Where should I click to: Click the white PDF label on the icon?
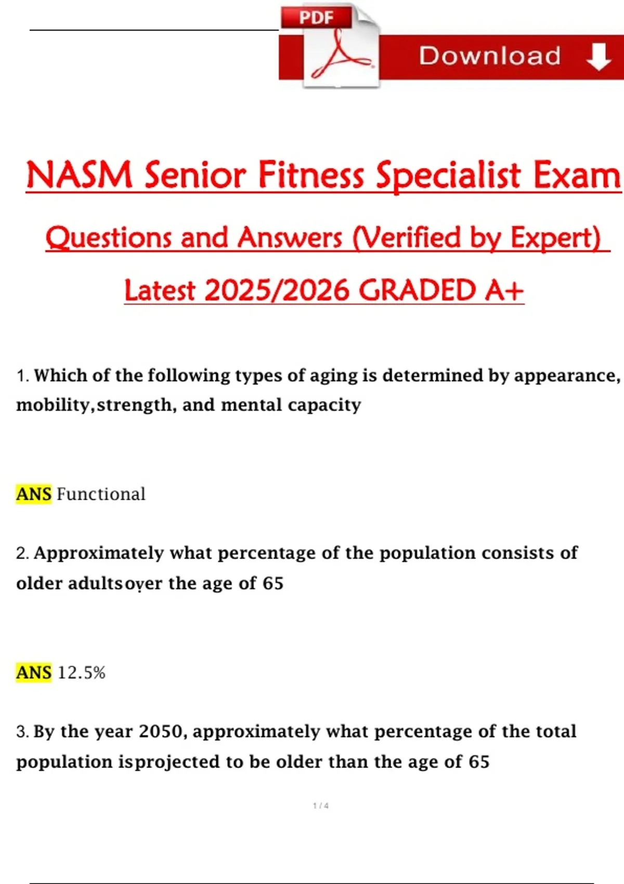[316, 17]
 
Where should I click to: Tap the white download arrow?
[599, 57]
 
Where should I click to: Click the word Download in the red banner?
[490, 56]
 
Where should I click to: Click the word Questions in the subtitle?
[109, 238]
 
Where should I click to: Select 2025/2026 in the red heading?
[277, 290]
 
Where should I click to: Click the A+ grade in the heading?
[504, 290]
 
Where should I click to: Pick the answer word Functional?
[101, 494]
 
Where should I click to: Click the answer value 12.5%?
[82, 672]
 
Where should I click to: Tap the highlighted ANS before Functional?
[34, 494]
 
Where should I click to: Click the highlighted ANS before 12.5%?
[34, 672]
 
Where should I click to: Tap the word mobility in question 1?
[53, 405]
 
